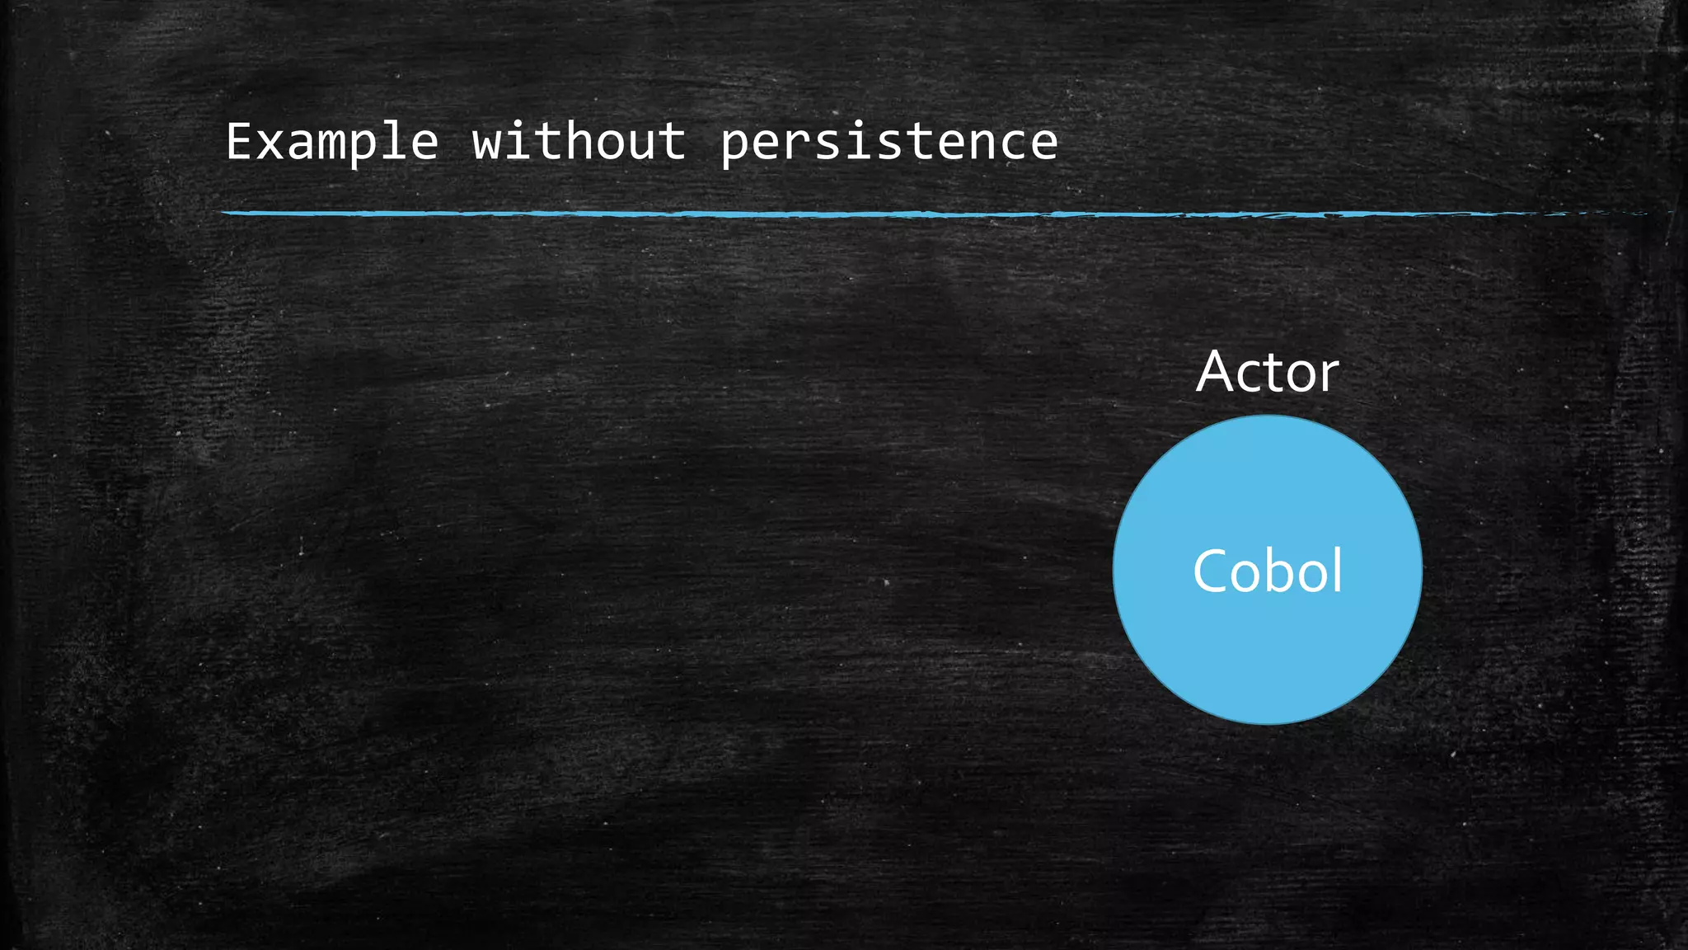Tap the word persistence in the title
[x=889, y=142]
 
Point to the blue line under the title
[x=742, y=214]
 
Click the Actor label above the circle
[x=1267, y=372]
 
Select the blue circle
[x=1267, y=660]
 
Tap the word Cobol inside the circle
[x=1267, y=571]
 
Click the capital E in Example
[x=239, y=142]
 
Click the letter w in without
[x=486, y=143]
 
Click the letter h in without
[x=579, y=142]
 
